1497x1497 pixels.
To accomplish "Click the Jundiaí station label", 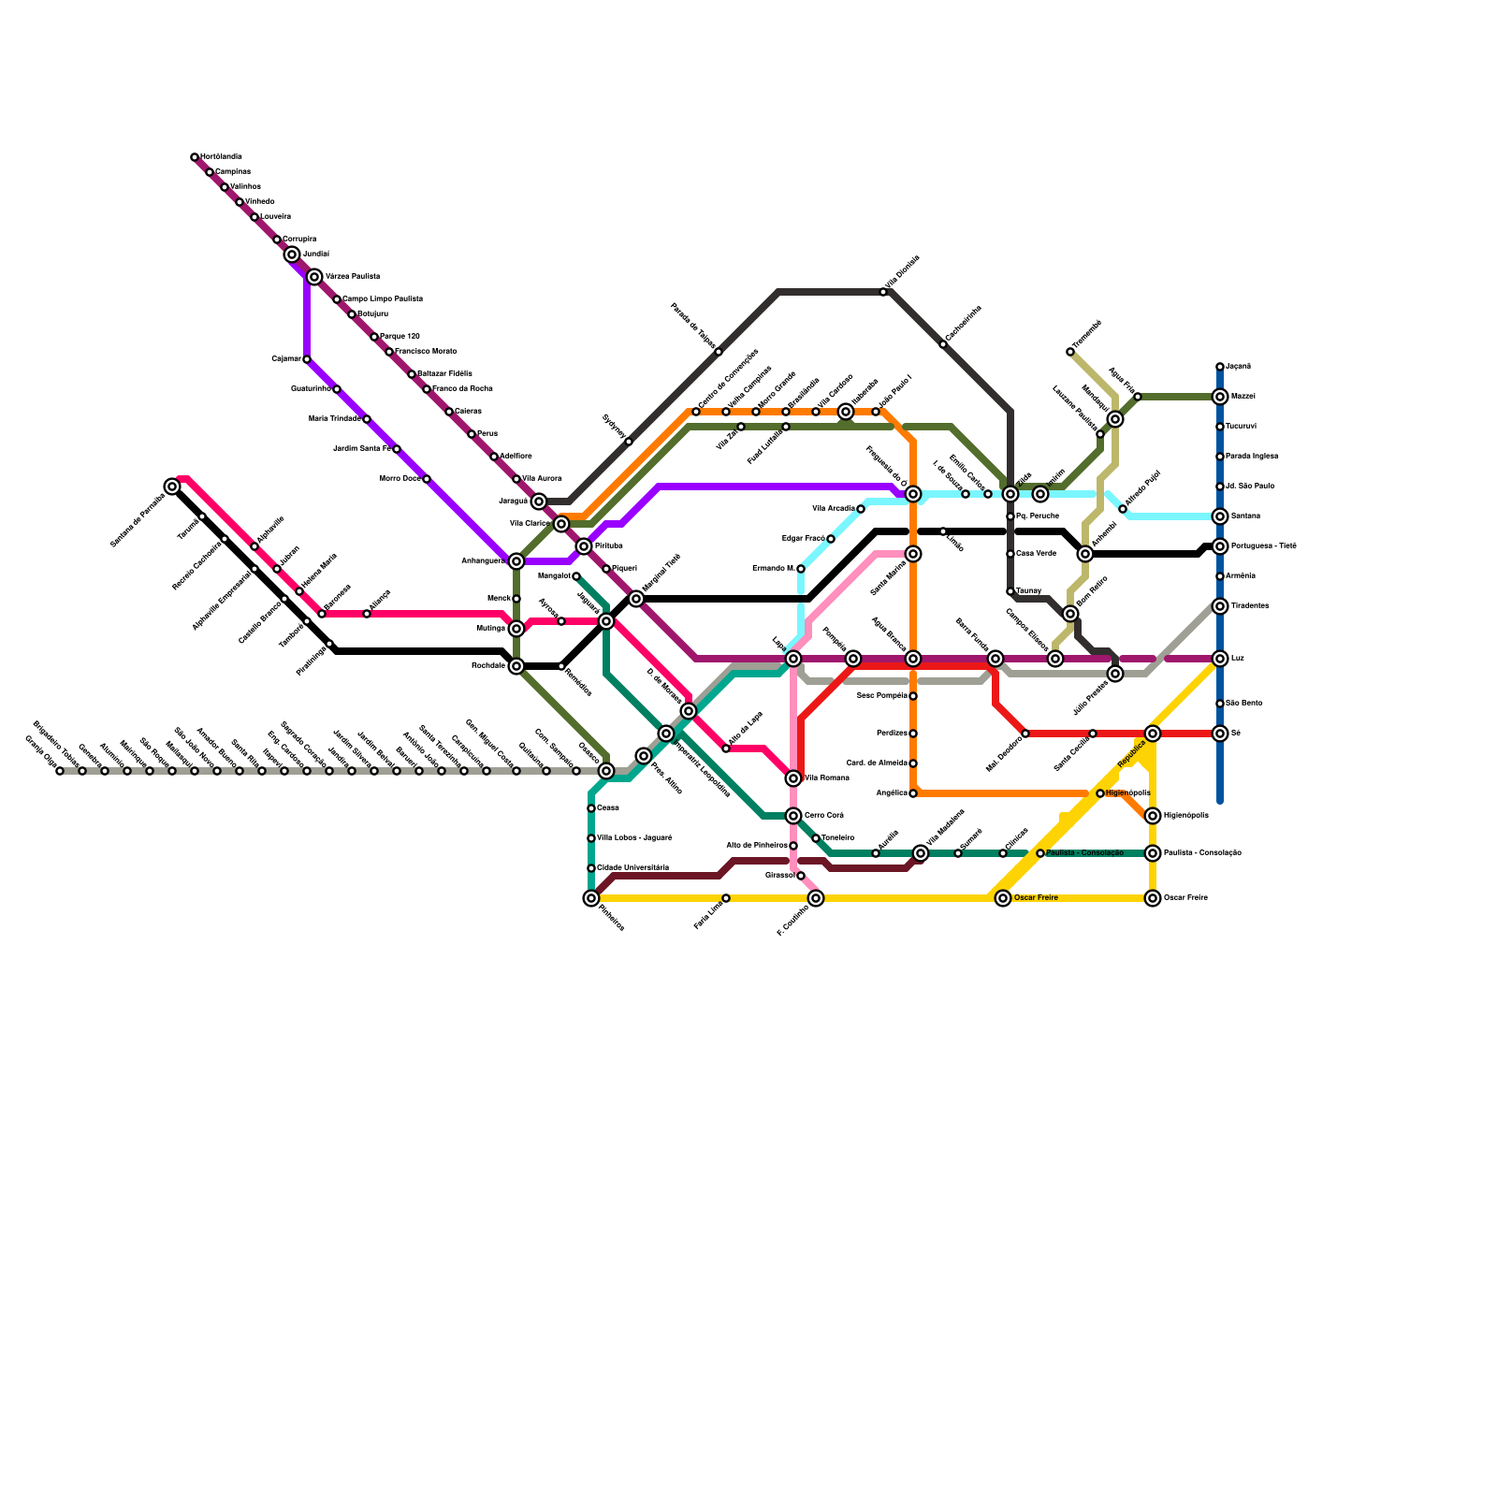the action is pos(316,254).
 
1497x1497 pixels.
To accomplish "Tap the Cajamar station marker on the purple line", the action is pos(307,359).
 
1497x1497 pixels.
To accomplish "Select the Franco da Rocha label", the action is pos(462,388).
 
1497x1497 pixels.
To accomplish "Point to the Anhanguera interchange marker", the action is pos(516,561).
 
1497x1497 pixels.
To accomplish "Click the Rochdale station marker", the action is pos(516,666).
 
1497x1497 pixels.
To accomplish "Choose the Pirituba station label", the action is pos(608,545).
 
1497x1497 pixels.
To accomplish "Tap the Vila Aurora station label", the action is pos(542,478).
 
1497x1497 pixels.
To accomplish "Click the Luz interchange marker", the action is pos(1220,659).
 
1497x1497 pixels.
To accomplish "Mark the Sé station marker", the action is pos(1220,734).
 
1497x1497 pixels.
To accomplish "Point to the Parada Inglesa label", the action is pos(1252,457).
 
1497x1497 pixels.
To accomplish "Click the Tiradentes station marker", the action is pos(1220,606).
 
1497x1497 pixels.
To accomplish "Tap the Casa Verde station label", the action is pos(1036,554).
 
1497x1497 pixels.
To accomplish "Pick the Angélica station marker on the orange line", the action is pos(913,793).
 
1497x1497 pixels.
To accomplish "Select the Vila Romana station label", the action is pos(826,778).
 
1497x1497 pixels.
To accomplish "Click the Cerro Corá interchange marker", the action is pos(793,816).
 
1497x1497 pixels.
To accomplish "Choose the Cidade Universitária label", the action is pos(633,868).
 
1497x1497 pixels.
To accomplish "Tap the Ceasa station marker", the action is pos(591,808).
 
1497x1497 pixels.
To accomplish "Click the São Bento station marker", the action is pos(1220,704).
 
